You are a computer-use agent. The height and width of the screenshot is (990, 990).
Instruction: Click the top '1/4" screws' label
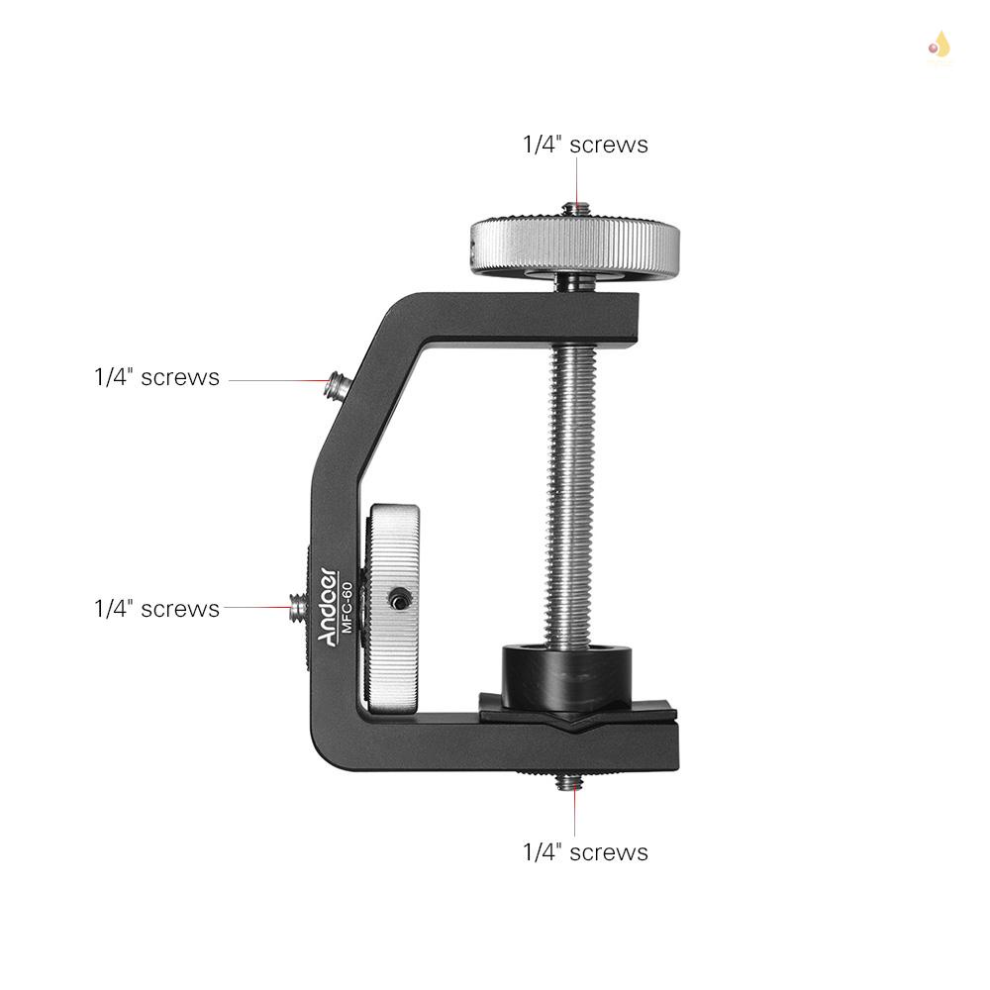tap(585, 145)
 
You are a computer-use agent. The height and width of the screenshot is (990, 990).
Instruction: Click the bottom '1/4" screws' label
tap(585, 852)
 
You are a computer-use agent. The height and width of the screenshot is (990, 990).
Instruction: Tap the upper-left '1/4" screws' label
tap(156, 377)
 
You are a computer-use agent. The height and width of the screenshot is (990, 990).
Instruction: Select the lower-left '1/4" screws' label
tap(156, 608)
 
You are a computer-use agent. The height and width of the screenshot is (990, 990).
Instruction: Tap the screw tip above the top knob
tap(574, 209)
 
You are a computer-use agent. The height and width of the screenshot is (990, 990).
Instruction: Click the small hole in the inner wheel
tap(398, 598)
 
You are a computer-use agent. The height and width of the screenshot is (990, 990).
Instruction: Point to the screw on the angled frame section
tap(340, 386)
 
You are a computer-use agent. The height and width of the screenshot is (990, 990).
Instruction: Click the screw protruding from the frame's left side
tap(298, 607)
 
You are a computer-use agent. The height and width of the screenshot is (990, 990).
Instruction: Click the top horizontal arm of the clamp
tap(525, 315)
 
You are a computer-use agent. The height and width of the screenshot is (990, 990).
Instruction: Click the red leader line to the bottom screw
tap(574, 812)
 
